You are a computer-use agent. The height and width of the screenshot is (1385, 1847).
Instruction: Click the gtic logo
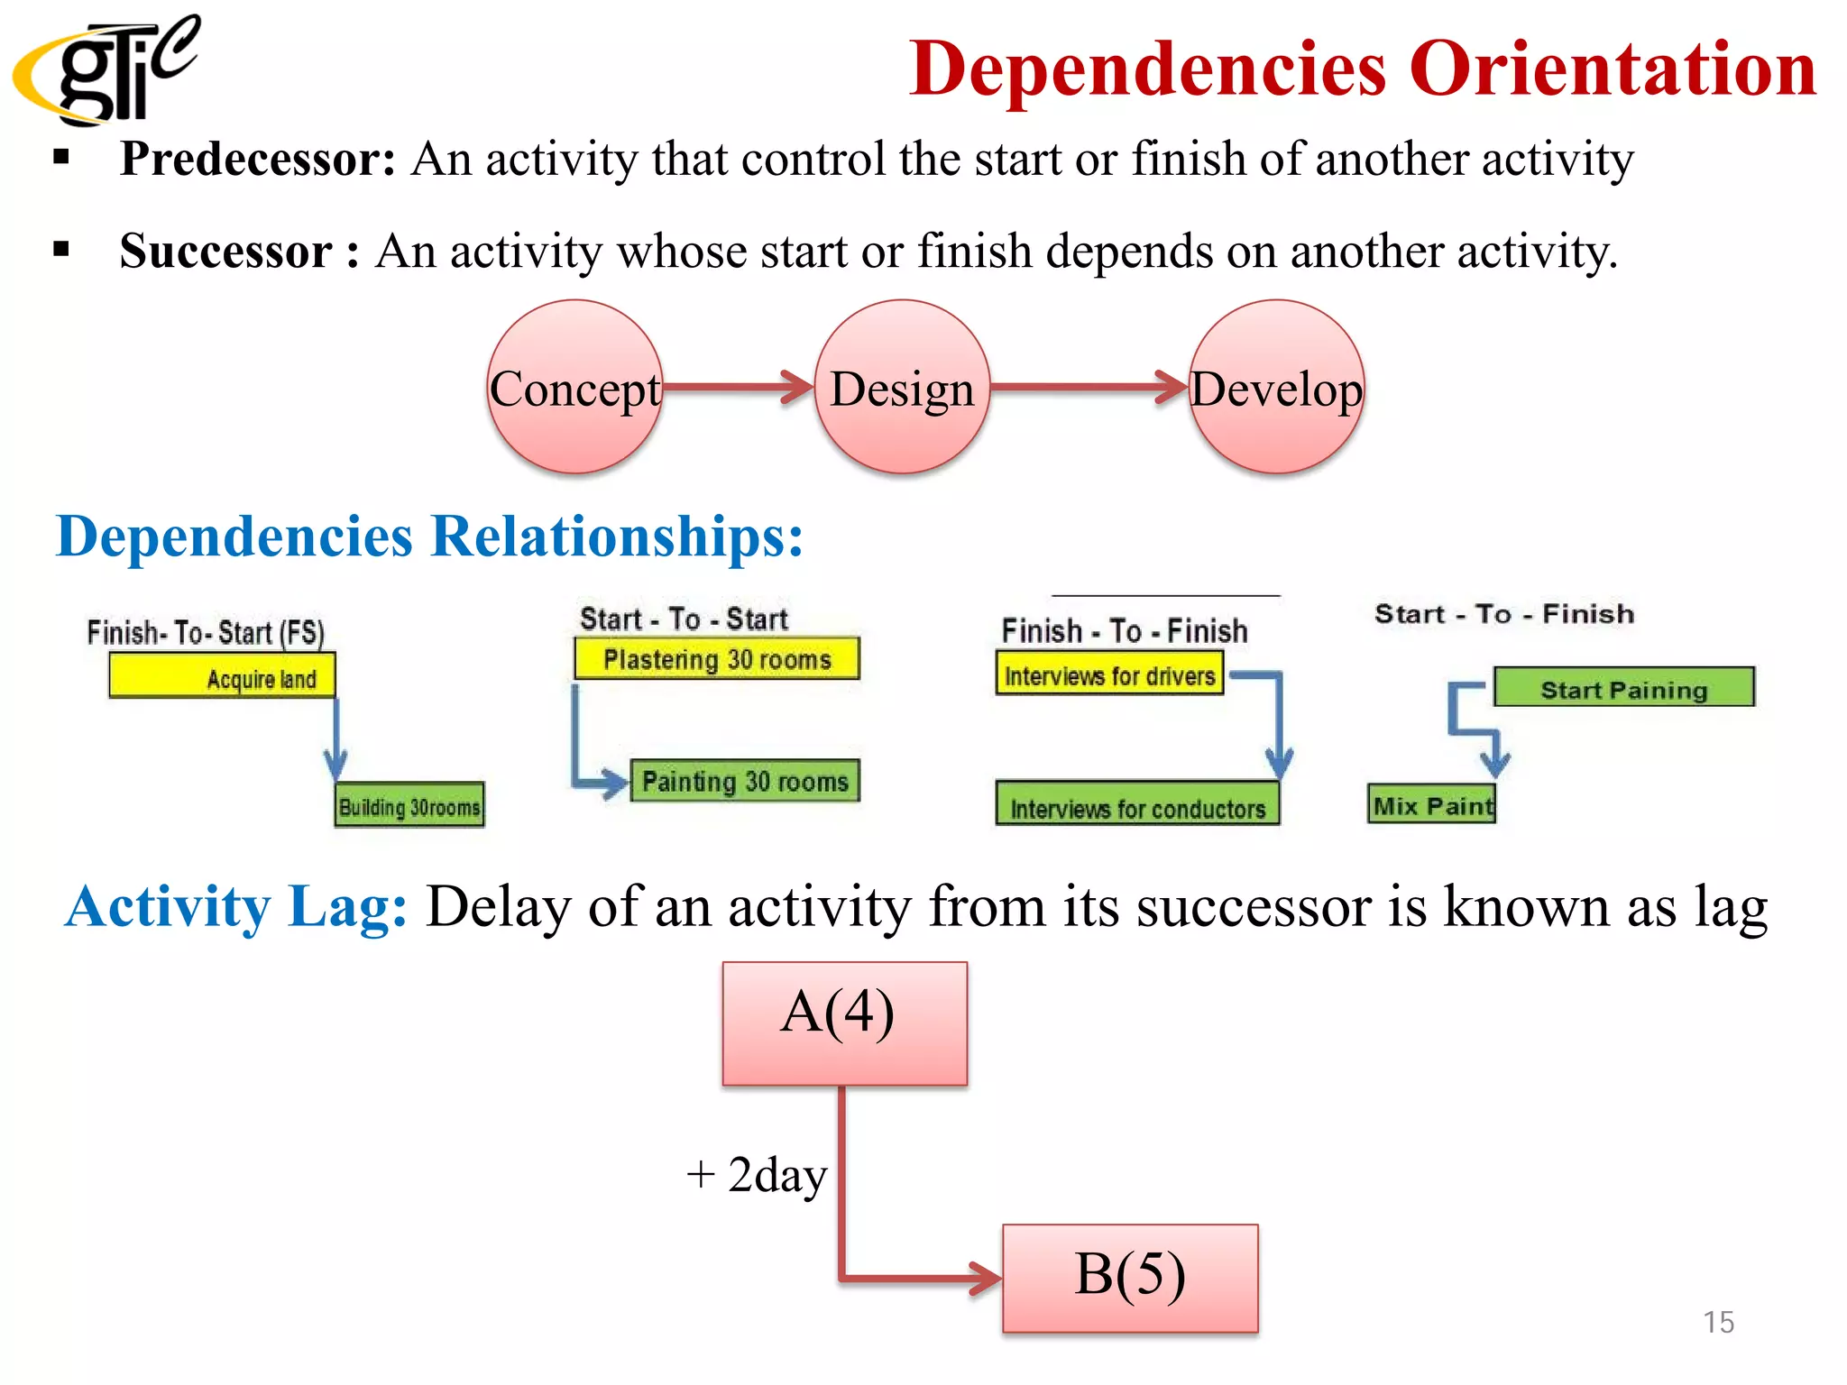pos(106,70)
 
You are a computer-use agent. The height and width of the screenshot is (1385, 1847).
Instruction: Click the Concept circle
pos(575,388)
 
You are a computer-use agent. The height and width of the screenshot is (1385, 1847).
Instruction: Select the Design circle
pos(902,388)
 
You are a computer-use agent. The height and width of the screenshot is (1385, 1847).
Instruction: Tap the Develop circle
pos(1276,388)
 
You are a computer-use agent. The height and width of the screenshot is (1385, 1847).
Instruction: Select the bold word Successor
pos(225,252)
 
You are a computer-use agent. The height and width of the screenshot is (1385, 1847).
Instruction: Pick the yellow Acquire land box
pos(222,676)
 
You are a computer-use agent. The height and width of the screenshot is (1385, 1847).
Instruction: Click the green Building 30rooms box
pos(409,805)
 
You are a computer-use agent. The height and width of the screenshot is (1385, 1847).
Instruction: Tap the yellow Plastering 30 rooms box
pos(717,659)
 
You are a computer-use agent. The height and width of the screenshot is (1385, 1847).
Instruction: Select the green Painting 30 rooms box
pos(745,781)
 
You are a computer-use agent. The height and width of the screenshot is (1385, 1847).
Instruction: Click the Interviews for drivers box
pos(1109,675)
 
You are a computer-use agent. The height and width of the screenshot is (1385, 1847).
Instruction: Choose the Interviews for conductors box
pos(1137,805)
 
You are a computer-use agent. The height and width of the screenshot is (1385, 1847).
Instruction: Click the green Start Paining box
pos(1623,689)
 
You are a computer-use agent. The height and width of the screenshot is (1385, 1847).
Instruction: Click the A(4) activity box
pos(844,1023)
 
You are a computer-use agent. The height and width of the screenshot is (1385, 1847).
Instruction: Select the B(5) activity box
pos(1130,1278)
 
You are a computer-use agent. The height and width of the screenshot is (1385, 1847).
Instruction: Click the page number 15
pos(1718,1322)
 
